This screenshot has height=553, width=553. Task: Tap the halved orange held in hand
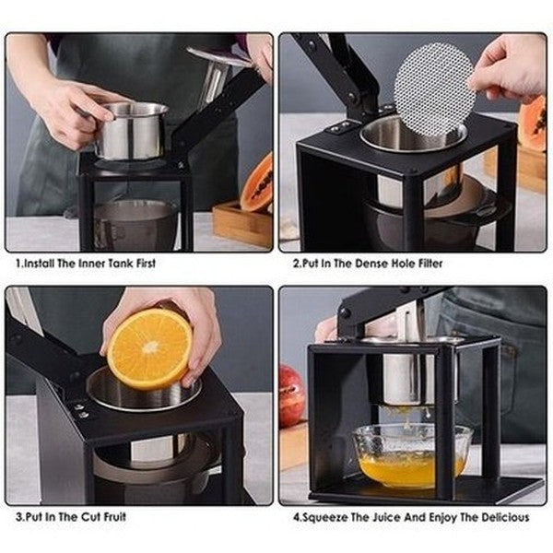149,347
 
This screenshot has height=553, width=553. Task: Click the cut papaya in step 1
258,184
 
